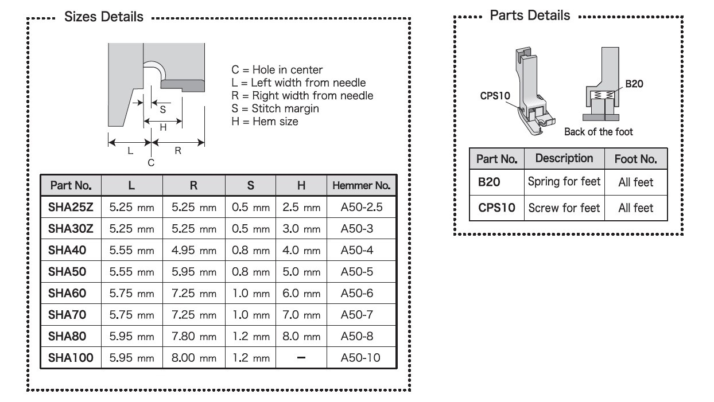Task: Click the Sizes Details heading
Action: pos(103,17)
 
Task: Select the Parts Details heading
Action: pos(530,15)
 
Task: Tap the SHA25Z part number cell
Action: pos(71,207)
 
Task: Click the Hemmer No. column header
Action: pos(361,185)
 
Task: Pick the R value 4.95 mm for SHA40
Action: pos(194,250)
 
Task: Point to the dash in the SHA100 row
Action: pos(301,357)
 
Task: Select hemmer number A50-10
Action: pos(360,358)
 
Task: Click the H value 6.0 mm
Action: pos(301,293)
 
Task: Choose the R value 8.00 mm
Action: pos(194,358)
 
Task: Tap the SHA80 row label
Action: pos(67,336)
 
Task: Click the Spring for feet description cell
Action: pos(564,182)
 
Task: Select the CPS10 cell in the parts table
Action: pos(496,208)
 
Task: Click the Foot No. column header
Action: pos(636,159)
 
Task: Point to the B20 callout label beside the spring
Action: pos(634,84)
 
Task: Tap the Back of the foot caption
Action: pos(598,131)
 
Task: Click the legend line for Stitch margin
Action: pos(275,108)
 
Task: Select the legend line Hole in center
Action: pos(277,69)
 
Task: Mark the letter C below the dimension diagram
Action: pos(151,163)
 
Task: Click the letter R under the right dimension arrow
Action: pos(178,150)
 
